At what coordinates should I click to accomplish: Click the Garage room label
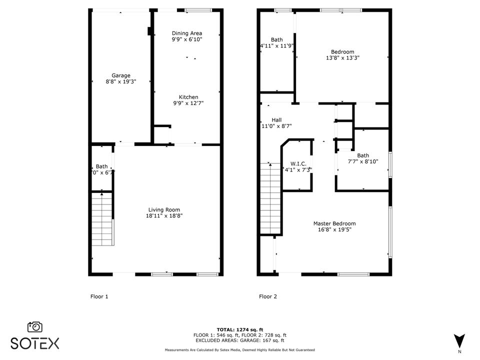[121, 75]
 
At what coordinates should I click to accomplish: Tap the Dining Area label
[187, 33]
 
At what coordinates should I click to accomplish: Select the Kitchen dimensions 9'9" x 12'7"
[188, 103]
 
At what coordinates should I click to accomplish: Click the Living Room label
[164, 209]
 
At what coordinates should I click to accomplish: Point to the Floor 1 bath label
[101, 166]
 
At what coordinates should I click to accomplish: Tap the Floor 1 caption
[99, 296]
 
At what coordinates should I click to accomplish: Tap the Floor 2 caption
[268, 296]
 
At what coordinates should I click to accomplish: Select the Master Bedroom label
[334, 223]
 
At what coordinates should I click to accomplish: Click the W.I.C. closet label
[298, 163]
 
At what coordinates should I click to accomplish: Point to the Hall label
[276, 119]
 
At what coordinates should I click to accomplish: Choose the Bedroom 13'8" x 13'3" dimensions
[342, 57]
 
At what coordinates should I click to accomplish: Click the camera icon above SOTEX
[35, 326]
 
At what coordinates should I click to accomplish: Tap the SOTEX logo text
[35, 343]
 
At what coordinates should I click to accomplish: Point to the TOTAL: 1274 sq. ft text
[239, 329]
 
